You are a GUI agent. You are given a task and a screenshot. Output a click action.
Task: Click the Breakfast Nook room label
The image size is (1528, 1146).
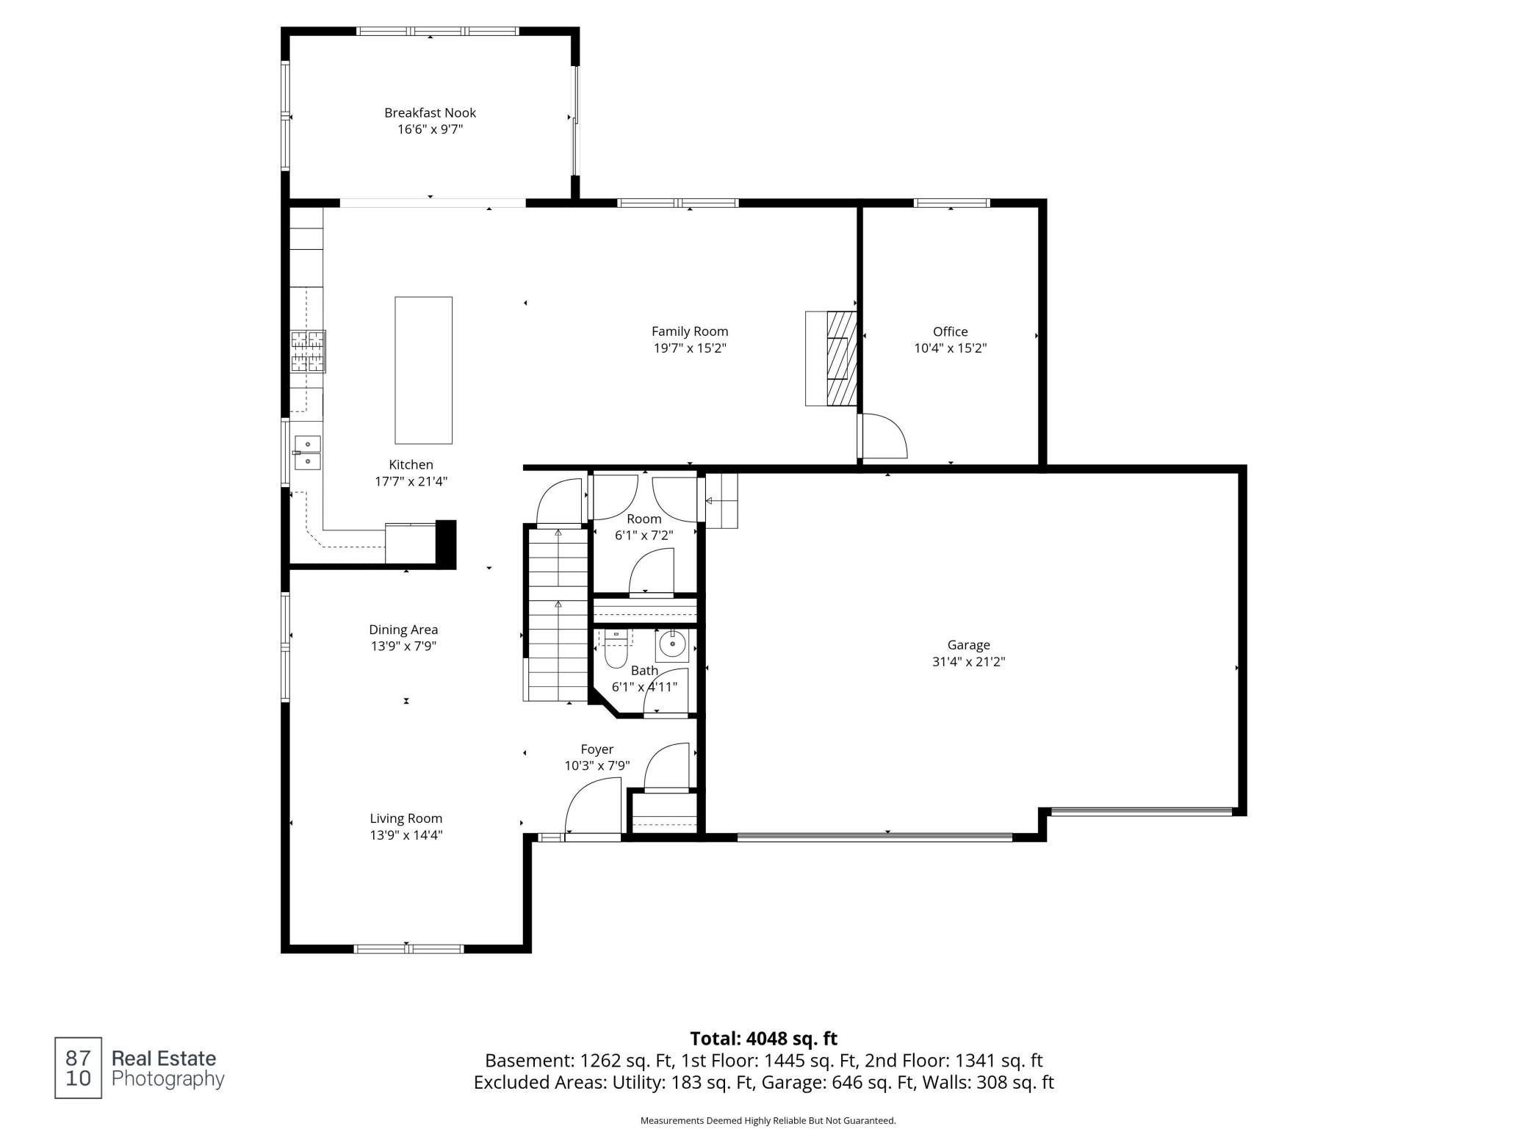click(x=430, y=113)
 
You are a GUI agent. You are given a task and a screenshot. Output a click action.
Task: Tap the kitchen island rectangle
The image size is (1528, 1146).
click(x=424, y=370)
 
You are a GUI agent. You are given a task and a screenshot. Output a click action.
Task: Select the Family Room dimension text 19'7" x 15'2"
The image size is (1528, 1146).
click(x=690, y=348)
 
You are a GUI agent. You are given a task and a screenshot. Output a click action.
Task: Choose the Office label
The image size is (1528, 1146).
click(x=951, y=332)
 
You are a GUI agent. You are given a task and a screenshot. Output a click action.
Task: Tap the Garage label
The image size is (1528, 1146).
click(x=969, y=645)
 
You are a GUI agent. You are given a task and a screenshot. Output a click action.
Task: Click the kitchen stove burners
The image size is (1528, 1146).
click(x=309, y=351)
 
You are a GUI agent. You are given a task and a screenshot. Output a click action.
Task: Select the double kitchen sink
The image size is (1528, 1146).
click(x=308, y=453)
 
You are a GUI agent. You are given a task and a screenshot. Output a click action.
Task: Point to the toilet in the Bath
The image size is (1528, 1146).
click(x=616, y=647)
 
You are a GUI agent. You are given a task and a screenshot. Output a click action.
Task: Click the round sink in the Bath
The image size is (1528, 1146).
click(x=672, y=644)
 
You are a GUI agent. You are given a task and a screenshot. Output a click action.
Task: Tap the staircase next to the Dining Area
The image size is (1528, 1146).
click(x=558, y=614)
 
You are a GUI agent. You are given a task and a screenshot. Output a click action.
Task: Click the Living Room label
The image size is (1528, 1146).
click(x=406, y=818)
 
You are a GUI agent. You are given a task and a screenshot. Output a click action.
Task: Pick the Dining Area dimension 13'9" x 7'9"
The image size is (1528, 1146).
click(x=404, y=646)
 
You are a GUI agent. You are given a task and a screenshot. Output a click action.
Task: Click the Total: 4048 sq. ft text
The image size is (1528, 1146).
click(x=764, y=1039)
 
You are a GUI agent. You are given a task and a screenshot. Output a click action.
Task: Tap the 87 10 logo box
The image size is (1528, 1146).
click(x=78, y=1068)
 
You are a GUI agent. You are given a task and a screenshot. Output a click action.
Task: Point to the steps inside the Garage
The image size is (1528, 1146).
click(x=721, y=500)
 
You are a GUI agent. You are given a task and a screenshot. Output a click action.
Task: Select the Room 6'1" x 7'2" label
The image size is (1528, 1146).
click(x=644, y=527)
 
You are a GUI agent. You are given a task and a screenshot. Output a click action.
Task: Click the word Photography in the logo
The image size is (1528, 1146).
click(x=167, y=1079)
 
